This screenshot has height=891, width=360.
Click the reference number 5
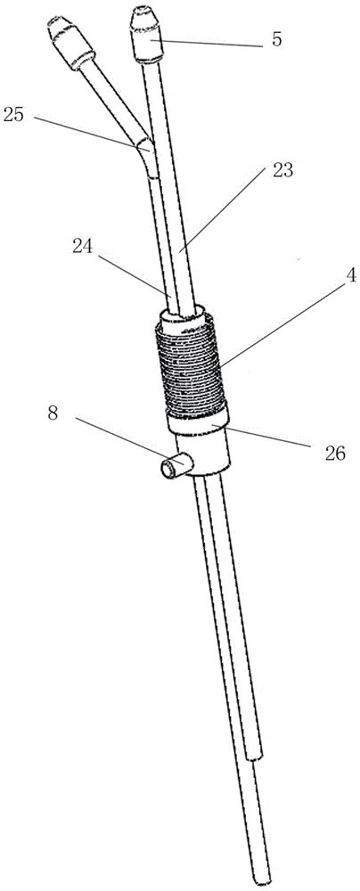277,41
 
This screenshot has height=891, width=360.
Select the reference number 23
283,170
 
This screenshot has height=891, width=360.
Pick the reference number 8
53,413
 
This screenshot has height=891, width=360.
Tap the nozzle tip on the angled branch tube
70,42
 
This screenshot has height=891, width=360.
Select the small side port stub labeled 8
172,468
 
